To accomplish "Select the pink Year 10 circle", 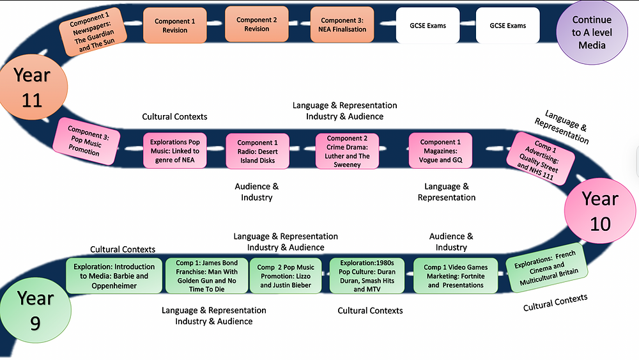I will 601,211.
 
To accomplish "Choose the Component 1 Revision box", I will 175,26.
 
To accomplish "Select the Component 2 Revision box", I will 257,24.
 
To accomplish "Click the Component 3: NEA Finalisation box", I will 343,25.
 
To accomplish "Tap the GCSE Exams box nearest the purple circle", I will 508,26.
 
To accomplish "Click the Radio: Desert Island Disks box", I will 258,152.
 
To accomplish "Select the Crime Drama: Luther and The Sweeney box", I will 347,152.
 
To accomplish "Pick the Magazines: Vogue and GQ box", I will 440,152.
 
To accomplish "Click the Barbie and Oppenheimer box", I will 114,276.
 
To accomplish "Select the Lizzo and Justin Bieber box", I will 287,276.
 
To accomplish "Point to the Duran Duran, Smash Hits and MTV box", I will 368,276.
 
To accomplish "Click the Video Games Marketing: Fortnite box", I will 455,276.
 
